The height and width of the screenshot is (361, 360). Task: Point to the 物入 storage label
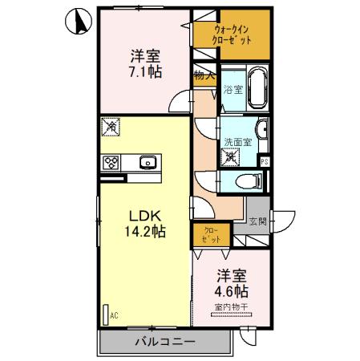point(204,77)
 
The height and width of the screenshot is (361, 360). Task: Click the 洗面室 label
point(237,142)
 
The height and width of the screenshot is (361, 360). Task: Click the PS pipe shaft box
point(264,160)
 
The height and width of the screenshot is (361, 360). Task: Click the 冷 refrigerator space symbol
point(111,126)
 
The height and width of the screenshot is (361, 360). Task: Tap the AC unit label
point(113,315)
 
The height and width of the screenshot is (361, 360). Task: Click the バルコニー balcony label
point(164,343)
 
